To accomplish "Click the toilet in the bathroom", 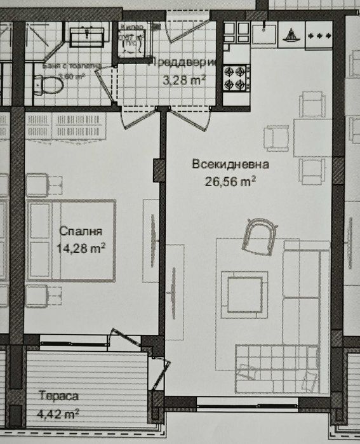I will (46, 83).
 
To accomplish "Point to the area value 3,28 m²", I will (184, 80).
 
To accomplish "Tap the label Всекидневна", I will (230, 165).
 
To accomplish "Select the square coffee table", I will (243, 292).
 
